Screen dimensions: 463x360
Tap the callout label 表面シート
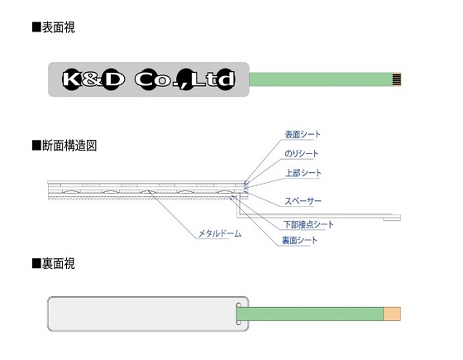tap(303, 134)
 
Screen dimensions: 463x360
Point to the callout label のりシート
tap(302, 154)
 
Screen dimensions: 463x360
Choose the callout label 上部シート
tap(303, 173)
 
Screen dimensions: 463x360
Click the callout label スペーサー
tap(303, 201)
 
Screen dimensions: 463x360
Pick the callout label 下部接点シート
tap(308, 224)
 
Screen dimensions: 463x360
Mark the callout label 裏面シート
tap(299, 240)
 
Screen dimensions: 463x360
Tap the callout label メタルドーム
tap(220, 233)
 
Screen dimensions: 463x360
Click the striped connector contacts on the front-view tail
tap(397, 79)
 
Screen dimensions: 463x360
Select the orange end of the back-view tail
tap(392, 314)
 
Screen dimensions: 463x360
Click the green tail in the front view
tap(321, 79)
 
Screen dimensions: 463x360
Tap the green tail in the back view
tap(310, 314)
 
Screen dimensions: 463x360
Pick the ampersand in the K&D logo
tap(91, 79)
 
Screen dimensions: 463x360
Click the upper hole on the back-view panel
tap(239, 305)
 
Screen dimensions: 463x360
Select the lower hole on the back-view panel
tap(239, 323)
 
